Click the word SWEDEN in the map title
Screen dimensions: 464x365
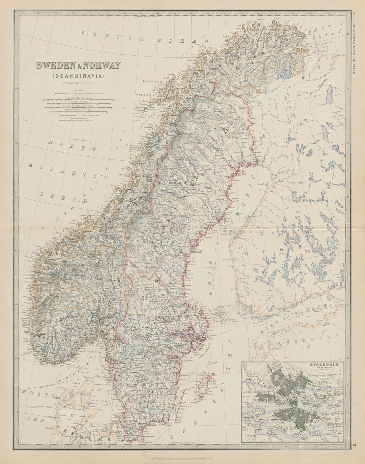pos(54,66)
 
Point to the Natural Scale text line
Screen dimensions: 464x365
pos(77,93)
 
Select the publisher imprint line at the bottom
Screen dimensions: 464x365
pos(183,458)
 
